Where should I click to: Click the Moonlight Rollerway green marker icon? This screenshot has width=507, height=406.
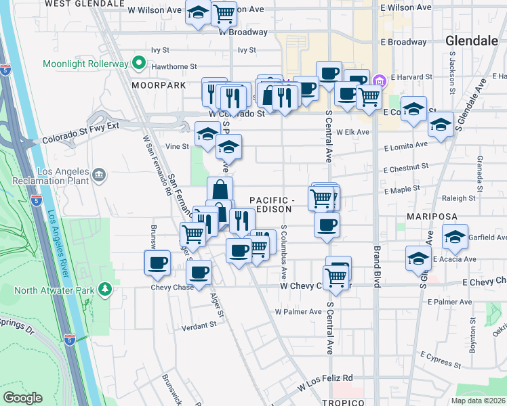[140, 64]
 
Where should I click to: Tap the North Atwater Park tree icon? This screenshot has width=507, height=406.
[104, 290]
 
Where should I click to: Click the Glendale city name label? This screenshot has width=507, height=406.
[472, 41]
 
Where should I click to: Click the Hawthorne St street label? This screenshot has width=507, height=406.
[174, 67]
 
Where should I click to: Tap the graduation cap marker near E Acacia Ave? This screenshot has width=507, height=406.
[419, 257]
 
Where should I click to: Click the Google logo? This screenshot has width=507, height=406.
[23, 398]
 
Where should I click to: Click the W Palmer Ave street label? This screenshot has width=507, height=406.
[298, 312]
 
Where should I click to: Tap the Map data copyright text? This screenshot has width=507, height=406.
[478, 401]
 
